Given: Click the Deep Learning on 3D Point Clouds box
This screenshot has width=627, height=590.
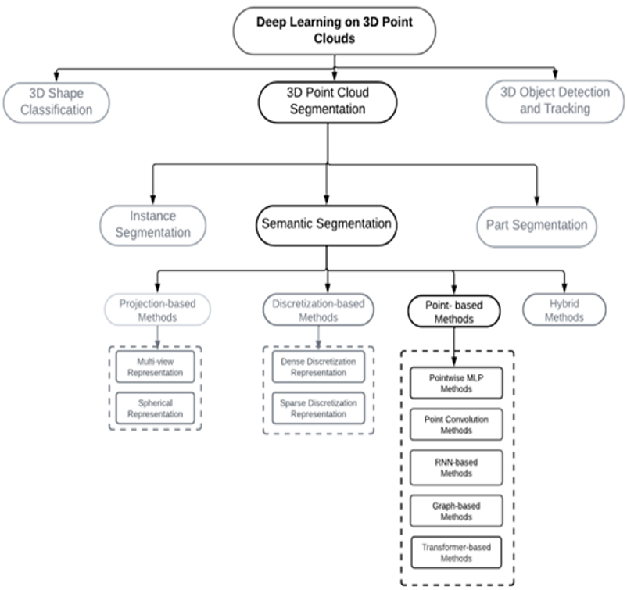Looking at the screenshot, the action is tap(335, 30).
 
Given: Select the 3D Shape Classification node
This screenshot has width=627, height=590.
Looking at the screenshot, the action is tap(56, 102).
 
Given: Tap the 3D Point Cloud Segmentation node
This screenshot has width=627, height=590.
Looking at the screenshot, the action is tap(328, 102).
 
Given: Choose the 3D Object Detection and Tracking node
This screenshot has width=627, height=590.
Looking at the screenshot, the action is tap(555, 101).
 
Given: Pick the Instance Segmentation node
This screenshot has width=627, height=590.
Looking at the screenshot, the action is tap(152, 225).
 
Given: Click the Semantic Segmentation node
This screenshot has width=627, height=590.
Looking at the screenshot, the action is tap(326, 225).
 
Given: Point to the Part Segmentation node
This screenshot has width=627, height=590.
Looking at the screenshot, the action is tap(536, 227).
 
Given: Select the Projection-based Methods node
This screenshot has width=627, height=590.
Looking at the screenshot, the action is tap(158, 309).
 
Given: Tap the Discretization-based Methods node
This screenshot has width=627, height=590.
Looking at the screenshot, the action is tap(318, 309).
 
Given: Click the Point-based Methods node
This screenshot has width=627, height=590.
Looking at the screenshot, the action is tap(454, 311).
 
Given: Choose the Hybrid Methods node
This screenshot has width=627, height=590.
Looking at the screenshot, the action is tap(564, 309).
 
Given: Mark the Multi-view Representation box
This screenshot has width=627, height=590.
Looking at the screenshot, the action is tap(155, 367).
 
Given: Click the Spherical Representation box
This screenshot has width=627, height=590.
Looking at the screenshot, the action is tap(155, 408).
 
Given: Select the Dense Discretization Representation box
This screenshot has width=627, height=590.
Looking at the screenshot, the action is tap(318, 367).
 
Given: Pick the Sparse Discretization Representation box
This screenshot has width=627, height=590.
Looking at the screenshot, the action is tap(318, 408).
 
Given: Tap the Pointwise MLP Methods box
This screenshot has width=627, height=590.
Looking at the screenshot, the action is tap(457, 383).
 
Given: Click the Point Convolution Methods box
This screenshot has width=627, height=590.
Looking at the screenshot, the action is tap(457, 424).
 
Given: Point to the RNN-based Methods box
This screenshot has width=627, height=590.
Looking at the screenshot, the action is tap(457, 467).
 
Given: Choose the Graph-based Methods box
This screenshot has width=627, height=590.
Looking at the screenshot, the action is tap(457, 511).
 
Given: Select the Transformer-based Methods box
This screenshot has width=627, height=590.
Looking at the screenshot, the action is tap(457, 552).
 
